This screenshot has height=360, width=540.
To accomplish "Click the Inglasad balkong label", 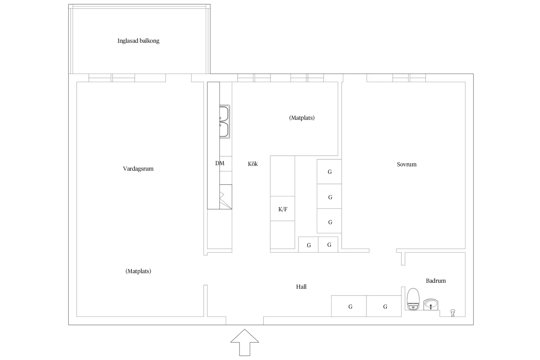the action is pos(138,41).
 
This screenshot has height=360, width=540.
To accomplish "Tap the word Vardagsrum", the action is pos(138,169).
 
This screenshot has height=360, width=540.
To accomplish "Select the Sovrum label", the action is pos(407,164).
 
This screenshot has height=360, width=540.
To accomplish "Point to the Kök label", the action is pos(253,164).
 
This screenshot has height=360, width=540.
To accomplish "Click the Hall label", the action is pos(301,287).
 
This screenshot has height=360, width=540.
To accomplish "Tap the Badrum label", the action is pos(436,281).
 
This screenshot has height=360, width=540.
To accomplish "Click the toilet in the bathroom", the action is pos(413,299).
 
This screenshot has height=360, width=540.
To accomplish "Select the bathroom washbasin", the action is pos(431,304).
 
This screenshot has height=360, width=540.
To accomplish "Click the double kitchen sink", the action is pos(225,121).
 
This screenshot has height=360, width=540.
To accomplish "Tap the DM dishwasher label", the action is pos(220,163).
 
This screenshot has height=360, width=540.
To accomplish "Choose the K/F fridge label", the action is pos(283,209).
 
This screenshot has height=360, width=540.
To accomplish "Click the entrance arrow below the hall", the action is pos(245,342).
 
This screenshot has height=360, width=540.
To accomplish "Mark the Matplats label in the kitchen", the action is pos(302,118).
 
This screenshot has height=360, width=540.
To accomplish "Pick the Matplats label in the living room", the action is pos(138,271).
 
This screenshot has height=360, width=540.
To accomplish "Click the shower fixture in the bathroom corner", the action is pos(453,313).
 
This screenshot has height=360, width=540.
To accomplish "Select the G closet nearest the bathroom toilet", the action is pos(384,306).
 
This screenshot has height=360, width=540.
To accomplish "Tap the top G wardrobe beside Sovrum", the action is pos(329,172).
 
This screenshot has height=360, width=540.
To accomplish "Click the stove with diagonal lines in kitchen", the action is pos(225,197).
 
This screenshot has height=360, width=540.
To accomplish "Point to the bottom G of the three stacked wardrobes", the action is pos(329,221).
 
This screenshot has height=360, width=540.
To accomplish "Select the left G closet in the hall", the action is pos(349,306).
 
